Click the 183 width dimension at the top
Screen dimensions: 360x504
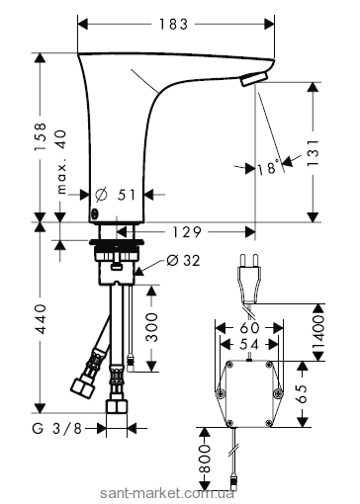point(174,24)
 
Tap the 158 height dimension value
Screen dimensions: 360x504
point(41,137)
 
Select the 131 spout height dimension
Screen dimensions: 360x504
point(314,152)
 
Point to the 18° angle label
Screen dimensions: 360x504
point(268,167)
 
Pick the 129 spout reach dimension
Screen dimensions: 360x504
point(187,232)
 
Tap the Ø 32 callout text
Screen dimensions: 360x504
point(183,261)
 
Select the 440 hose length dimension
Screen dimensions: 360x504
point(41,319)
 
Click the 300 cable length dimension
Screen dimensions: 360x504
point(151,327)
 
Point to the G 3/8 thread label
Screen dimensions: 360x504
point(56,429)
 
